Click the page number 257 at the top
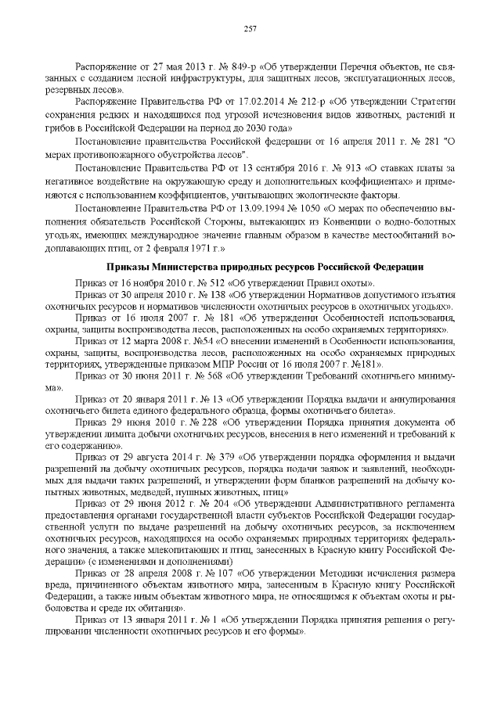pyautogui.click(x=250, y=29)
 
